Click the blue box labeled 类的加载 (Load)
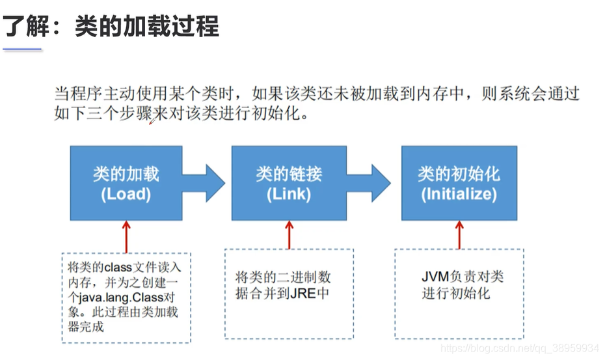(126, 183)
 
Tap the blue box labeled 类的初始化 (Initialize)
(459, 183)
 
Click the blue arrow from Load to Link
(204, 183)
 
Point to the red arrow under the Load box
(126, 236)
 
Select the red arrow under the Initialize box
(459, 234)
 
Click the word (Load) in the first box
(126, 194)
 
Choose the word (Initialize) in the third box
(459, 194)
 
